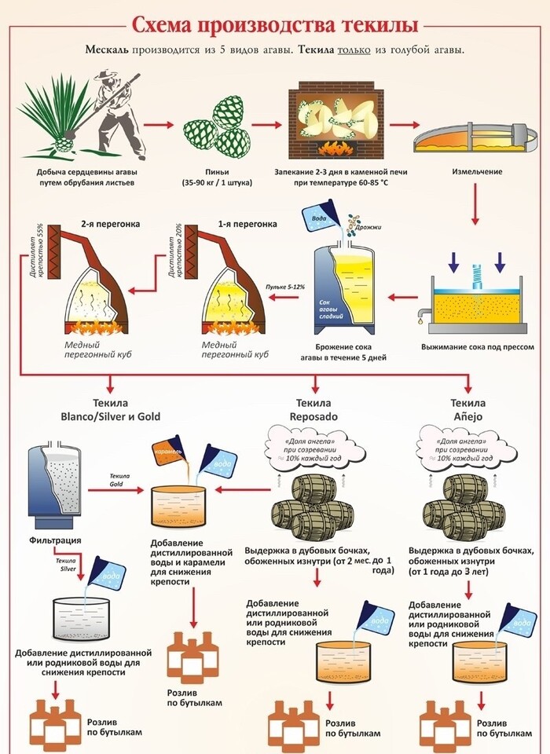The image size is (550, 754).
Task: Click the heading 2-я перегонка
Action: coord(111,224)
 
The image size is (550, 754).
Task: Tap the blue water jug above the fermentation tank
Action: coord(324,221)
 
